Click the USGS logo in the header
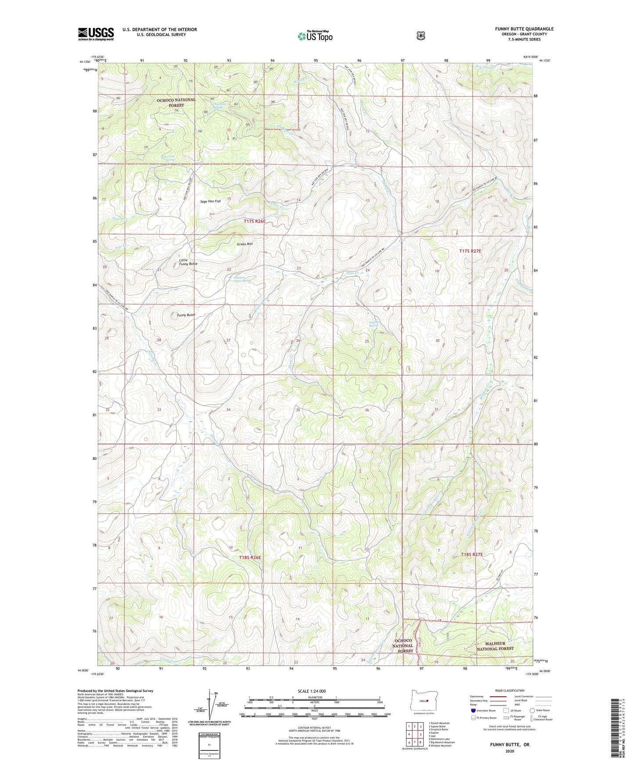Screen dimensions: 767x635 pyautogui.click(x=96, y=34)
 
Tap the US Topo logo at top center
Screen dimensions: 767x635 pyautogui.click(x=315, y=36)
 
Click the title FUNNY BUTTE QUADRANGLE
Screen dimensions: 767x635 pyautogui.click(x=524, y=29)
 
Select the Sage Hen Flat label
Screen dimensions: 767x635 pyautogui.click(x=210, y=201)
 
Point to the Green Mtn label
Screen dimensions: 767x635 pyautogui.click(x=245, y=244)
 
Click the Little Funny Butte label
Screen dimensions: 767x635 pyautogui.click(x=188, y=261)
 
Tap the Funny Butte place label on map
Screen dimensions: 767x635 pyautogui.click(x=185, y=315)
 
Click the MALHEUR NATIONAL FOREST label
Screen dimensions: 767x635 pyautogui.click(x=495, y=646)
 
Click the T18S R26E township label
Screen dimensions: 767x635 pyautogui.click(x=250, y=557)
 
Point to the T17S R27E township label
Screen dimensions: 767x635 pyautogui.click(x=470, y=251)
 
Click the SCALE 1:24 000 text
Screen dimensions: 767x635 pyautogui.click(x=312, y=691)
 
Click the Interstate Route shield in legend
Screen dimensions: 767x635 pyautogui.click(x=473, y=710)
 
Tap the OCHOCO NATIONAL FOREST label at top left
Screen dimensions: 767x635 pyautogui.click(x=176, y=103)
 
